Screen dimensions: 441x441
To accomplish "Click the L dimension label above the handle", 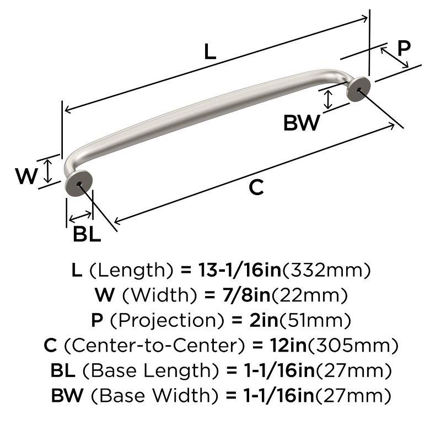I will (209, 51).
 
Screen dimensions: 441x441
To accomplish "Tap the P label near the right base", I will (404, 49).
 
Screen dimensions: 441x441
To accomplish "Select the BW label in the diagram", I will (301, 123).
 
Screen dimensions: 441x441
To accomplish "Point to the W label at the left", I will (26, 177).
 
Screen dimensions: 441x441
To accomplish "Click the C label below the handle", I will (256, 188).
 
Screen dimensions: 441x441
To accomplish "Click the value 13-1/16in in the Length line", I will (232, 270).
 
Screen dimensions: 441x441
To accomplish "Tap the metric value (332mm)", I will (326, 270).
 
